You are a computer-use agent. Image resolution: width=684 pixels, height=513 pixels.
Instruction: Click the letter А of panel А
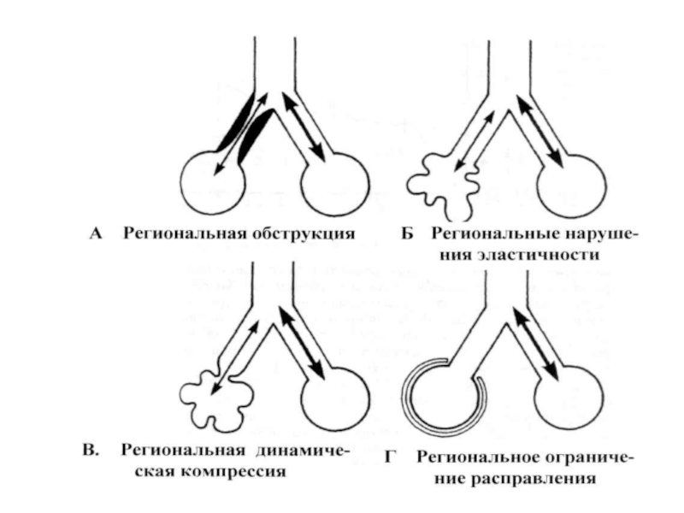[96, 234]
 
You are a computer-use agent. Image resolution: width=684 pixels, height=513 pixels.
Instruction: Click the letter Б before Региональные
[407, 234]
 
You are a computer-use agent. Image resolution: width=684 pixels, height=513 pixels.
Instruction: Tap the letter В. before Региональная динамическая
[91, 451]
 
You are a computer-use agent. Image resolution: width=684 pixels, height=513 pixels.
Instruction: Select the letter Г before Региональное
[390, 457]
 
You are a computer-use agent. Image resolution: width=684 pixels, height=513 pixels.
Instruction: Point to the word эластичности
[519, 254]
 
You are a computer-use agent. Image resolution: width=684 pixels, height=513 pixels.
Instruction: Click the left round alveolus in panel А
[212, 182]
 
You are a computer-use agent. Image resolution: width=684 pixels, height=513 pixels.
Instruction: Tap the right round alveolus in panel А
[335, 184]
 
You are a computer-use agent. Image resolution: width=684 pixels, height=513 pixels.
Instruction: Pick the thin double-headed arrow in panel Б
[475, 140]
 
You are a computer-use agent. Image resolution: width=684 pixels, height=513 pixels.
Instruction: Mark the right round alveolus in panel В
[336, 400]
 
